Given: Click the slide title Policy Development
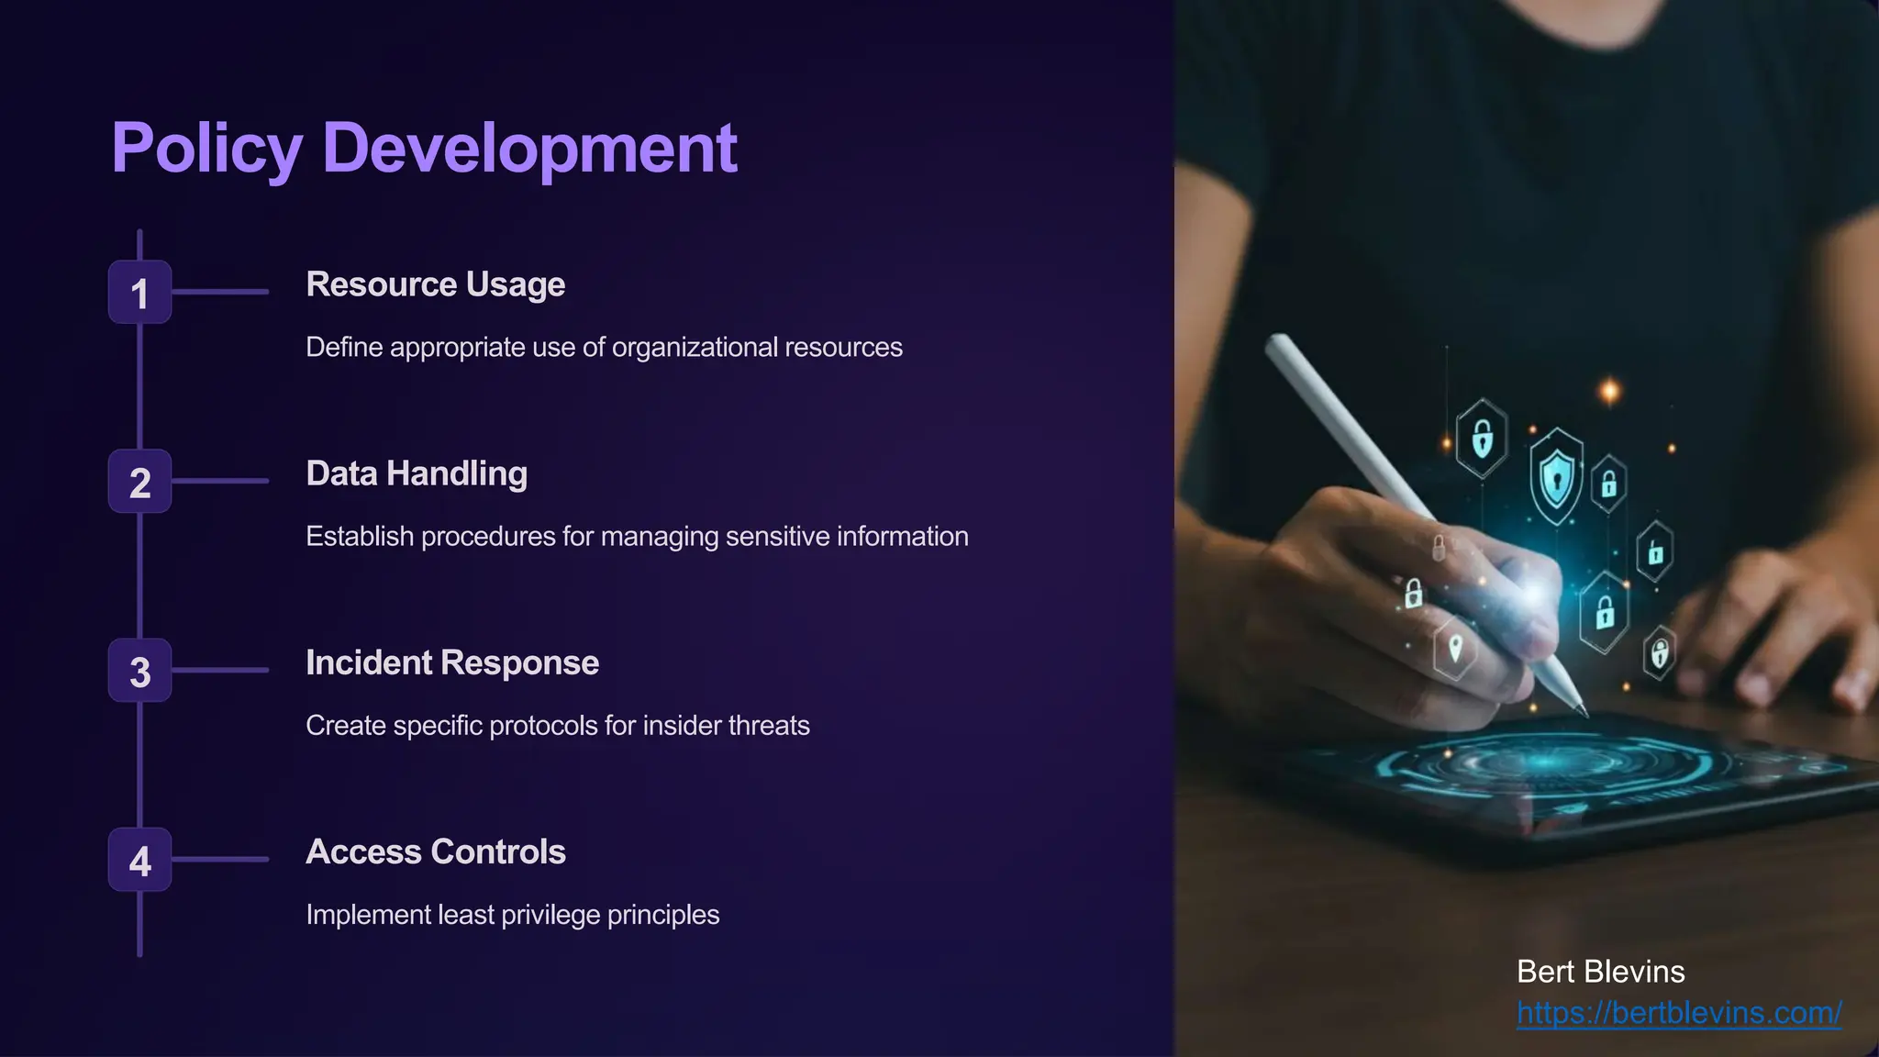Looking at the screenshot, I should tap(424, 148).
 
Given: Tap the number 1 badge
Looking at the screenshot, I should tap(139, 293).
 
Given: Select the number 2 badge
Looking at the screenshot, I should tap(139, 482).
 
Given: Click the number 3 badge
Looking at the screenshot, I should tap(139, 671).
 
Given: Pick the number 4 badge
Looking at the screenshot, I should tap(139, 860).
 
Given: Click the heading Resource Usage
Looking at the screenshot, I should tap(435, 284).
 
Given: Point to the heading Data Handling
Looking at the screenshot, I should tap(416, 473).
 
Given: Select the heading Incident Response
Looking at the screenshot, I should tap(451, 662).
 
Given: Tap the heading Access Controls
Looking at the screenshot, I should tap(435, 851).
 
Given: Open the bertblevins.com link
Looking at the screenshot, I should tap(1678, 1012).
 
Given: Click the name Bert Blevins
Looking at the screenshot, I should tap(1600, 972).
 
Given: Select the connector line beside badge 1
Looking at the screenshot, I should tap(220, 292).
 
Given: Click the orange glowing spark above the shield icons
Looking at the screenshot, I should tap(1609, 392).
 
